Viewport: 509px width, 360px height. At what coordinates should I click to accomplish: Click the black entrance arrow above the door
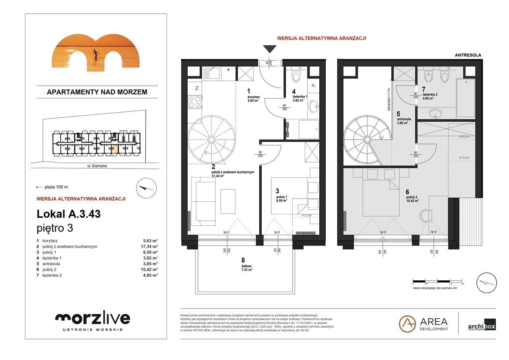[x=270, y=49]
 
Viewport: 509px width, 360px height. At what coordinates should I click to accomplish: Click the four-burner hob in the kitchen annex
[x=194, y=101]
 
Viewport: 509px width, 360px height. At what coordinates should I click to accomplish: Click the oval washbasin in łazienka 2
[x=437, y=113]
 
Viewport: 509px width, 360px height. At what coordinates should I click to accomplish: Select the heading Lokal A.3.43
[x=68, y=214]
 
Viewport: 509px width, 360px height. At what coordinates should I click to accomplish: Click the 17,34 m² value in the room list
[x=150, y=247]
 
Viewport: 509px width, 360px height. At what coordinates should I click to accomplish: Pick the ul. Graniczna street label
[x=97, y=167]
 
